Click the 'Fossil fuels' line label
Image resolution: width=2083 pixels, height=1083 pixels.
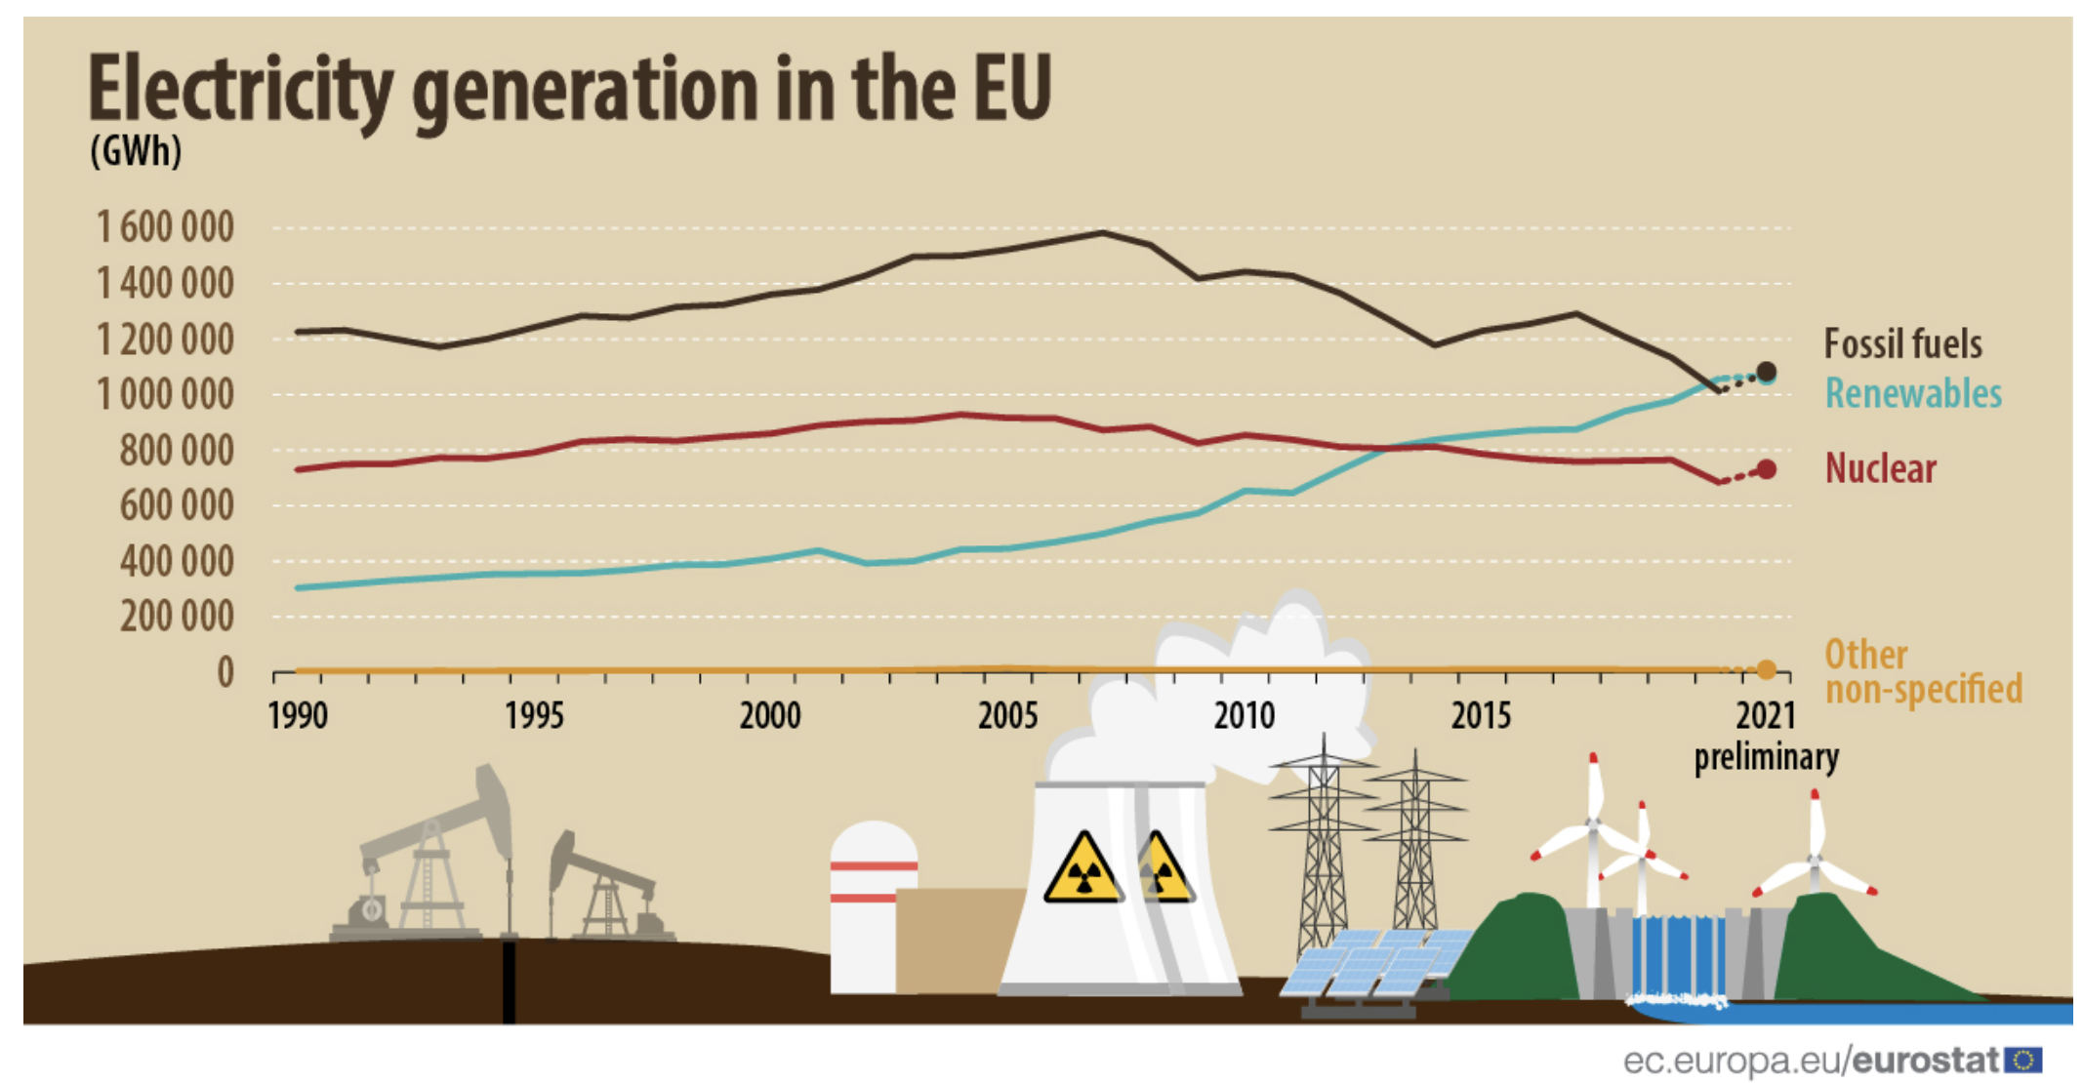pos(1902,344)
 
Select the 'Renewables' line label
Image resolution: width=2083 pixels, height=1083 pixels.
pos(1913,394)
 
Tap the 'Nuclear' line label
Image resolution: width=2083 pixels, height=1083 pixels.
pos(1880,469)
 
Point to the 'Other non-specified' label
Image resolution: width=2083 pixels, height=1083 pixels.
pos(1922,672)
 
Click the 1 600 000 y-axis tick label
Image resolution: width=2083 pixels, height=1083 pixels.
pos(165,227)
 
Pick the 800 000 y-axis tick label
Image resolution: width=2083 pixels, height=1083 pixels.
pos(177,451)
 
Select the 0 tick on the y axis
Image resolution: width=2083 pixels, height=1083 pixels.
pos(225,672)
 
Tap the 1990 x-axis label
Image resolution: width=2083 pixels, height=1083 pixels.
pos(298,716)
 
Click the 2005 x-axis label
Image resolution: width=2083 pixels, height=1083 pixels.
pos(1007,716)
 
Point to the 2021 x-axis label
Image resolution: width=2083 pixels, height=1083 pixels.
pos(1765,716)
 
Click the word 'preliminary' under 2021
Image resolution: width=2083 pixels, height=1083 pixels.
pos(1766,757)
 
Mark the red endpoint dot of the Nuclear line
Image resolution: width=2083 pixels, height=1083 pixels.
pos(1766,470)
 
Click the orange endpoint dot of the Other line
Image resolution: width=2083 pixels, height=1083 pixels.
pos(1766,670)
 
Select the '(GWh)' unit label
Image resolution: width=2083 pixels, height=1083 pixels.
pos(136,151)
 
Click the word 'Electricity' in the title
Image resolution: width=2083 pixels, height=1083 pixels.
pos(240,90)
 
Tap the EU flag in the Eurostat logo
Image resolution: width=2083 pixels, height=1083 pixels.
pos(2023,1060)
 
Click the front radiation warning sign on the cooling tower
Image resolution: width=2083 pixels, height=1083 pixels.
pos(1082,868)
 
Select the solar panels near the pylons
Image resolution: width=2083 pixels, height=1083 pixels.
pos(1367,966)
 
